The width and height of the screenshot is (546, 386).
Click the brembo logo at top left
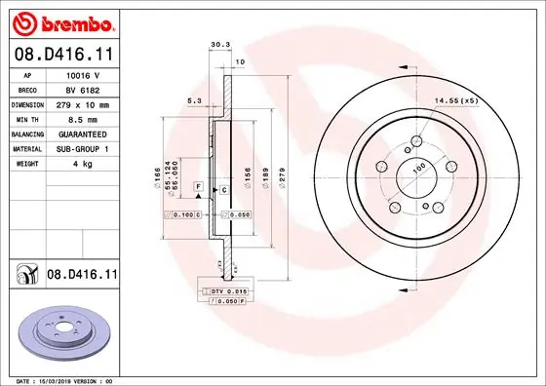point(60,21)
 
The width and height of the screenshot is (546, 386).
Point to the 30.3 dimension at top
point(219,44)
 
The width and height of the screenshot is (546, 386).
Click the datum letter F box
point(198,185)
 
